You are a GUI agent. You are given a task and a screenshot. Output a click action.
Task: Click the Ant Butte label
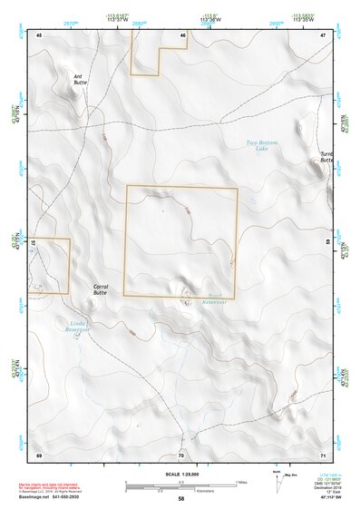80,80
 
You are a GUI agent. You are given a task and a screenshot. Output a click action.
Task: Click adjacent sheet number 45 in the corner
39,34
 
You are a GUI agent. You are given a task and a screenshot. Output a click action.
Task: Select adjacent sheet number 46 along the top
183,34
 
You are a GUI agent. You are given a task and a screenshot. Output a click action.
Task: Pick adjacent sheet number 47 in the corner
323,34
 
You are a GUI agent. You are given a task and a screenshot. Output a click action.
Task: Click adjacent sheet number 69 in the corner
39,453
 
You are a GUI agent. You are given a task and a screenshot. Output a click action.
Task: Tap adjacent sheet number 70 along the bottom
181,453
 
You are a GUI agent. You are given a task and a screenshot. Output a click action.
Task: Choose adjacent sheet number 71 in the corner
322,453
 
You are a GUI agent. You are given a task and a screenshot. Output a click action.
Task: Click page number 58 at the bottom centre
181,499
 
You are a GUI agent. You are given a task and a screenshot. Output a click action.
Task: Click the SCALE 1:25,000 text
180,475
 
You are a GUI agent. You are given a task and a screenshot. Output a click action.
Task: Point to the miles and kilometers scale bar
180,484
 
